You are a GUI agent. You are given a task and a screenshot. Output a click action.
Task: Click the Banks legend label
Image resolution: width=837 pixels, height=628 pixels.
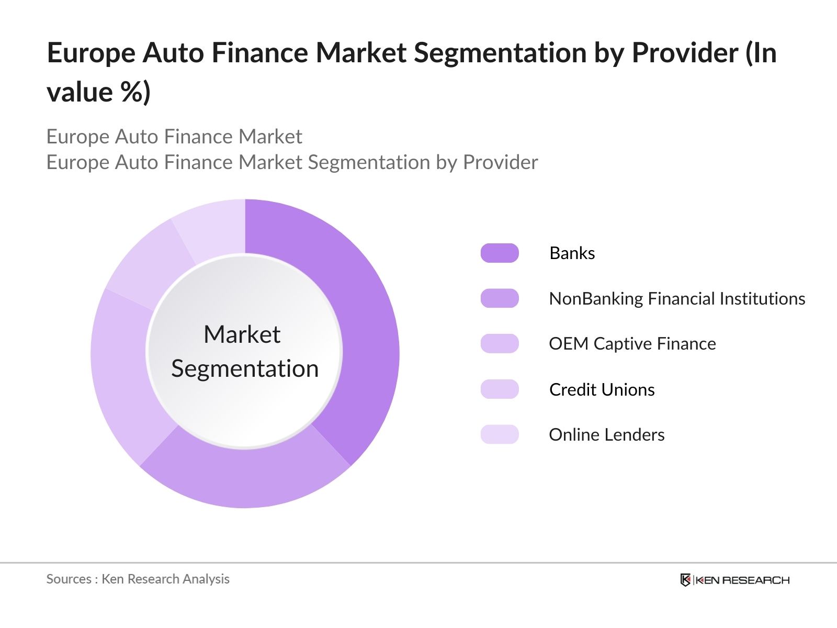coord(572,253)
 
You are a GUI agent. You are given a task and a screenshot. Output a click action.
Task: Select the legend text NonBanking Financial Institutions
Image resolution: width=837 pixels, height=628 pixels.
coord(676,299)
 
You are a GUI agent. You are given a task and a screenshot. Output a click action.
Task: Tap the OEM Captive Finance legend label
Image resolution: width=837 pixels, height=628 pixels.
coord(632,344)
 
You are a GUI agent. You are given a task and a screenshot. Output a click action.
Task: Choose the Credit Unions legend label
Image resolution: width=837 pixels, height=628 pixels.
coord(602,390)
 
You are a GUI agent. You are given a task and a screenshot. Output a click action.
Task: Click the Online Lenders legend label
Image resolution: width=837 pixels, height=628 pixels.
coord(606,435)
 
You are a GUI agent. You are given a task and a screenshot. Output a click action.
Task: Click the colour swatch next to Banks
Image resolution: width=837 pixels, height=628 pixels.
coord(500,253)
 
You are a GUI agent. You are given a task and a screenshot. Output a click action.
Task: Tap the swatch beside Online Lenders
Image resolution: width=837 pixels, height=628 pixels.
coord(500,435)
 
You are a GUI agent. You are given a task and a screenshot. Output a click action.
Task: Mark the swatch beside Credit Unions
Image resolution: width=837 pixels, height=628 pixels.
coord(500,390)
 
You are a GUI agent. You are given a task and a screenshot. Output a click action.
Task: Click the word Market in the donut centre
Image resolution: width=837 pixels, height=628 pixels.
coord(242,334)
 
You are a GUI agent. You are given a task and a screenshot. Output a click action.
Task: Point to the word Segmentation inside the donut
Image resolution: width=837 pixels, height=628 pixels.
coord(245,369)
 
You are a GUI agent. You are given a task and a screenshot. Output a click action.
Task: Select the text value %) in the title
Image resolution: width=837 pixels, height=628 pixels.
coord(98,92)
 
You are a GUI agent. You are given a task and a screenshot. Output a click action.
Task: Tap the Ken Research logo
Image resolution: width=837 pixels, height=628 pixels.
coord(734,580)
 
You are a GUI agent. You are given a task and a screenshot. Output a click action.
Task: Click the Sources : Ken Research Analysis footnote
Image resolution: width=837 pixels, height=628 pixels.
coord(138,579)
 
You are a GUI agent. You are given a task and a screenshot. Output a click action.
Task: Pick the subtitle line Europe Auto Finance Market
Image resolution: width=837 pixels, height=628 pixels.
coord(174,137)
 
